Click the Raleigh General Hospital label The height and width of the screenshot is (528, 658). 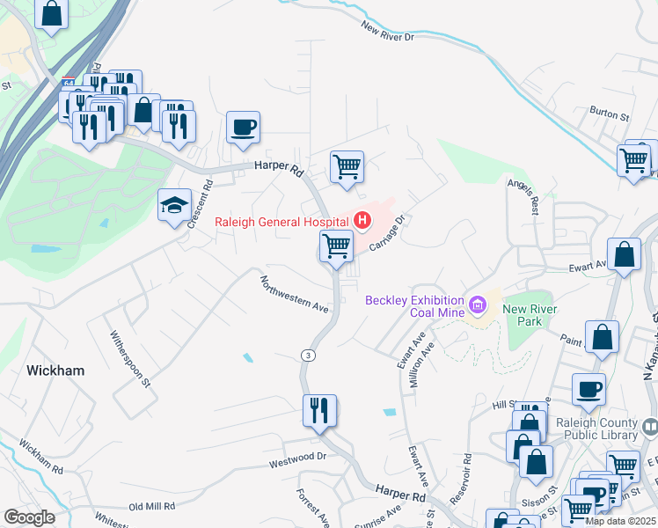(281, 222)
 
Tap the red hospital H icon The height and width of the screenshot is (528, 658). (361, 219)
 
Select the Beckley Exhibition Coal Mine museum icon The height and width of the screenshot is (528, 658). (478, 305)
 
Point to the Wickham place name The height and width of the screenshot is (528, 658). (55, 370)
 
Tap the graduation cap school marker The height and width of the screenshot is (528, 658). (173, 206)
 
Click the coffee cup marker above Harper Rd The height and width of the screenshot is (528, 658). (243, 127)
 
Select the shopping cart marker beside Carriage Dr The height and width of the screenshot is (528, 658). (336, 246)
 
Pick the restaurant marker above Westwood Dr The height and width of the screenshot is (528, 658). (319, 410)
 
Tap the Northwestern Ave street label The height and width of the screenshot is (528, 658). (293, 295)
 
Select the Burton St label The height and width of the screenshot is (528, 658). (610, 114)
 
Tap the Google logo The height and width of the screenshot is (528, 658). (29, 517)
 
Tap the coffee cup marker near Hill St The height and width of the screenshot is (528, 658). (589, 388)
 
